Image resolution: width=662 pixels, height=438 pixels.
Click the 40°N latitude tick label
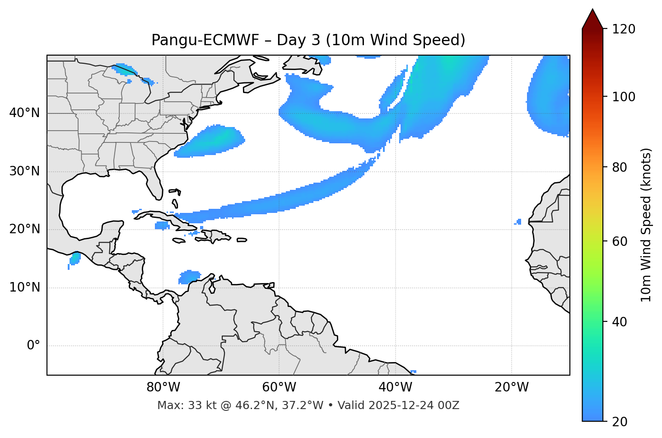point(24,113)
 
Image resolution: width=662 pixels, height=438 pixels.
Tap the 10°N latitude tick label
point(24,287)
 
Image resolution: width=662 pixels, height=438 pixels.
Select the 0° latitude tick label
point(33,346)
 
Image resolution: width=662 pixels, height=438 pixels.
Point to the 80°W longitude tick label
point(163,387)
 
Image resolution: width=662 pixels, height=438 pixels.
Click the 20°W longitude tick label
point(512,387)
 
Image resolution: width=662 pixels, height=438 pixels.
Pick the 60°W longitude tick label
point(279,387)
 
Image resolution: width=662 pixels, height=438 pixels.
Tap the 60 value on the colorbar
point(619,241)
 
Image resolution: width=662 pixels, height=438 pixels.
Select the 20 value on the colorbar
point(619,422)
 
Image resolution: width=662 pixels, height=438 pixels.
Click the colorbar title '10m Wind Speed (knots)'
point(646,225)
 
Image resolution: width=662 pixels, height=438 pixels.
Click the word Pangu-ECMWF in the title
point(205,40)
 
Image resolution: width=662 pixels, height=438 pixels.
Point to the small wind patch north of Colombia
point(190,277)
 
